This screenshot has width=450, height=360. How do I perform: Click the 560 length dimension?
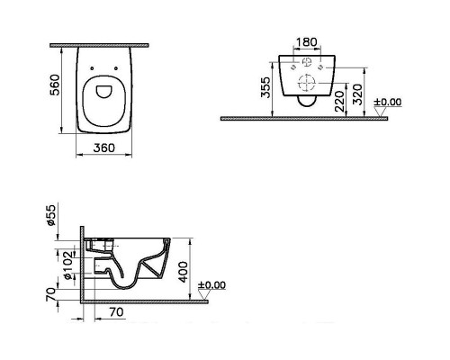click(55, 85)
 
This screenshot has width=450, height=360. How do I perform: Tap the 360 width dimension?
click(103, 148)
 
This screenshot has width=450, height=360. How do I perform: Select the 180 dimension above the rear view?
click(306, 42)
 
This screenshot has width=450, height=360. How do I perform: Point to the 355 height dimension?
click(265, 87)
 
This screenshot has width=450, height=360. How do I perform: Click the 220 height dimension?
click(340, 102)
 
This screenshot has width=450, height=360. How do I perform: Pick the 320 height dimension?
click(357, 94)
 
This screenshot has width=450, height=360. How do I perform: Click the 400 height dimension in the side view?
click(184, 272)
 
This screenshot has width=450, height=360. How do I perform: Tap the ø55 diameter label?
click(51, 215)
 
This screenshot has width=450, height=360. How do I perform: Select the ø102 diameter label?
click(68, 265)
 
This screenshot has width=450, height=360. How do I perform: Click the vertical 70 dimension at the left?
click(51, 294)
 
